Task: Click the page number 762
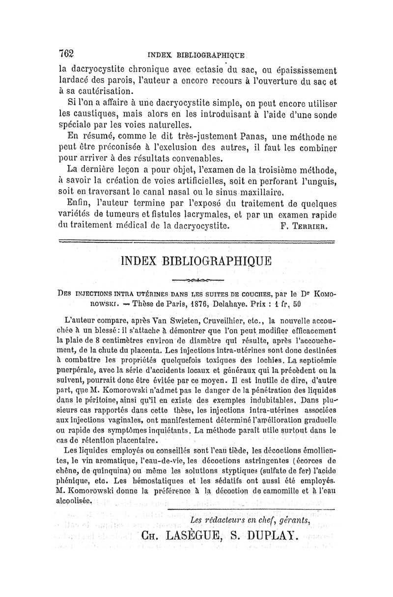66,54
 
